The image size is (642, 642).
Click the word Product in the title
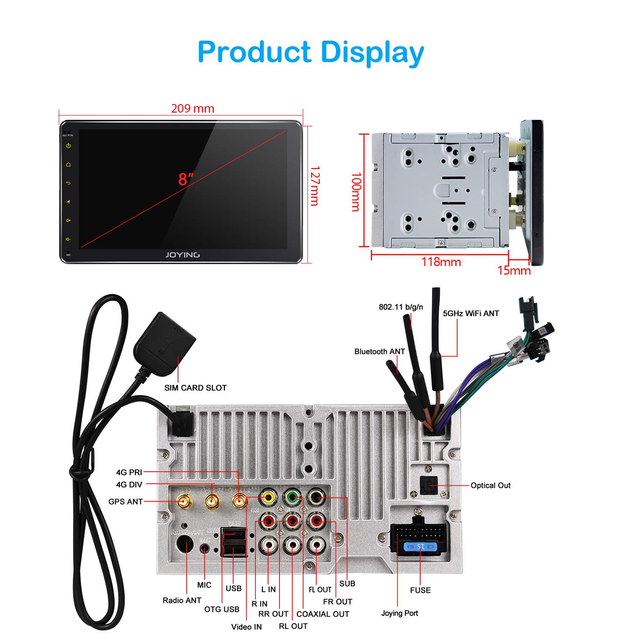coord(254,52)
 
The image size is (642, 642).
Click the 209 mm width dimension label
coord(193,108)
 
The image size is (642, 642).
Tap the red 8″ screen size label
coord(185,179)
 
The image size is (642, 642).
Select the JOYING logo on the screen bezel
coord(182,255)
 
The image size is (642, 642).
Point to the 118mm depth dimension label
coord(441,262)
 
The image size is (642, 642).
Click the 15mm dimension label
coord(514,270)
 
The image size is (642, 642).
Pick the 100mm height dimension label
coord(356,192)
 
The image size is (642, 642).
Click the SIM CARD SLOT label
coord(195,388)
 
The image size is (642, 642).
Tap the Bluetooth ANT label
coord(379,351)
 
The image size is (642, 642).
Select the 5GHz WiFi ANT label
coord(471,313)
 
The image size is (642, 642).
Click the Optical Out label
coord(490,485)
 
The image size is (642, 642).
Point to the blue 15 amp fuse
coord(421,547)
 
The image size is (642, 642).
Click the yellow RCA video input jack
coord(268,498)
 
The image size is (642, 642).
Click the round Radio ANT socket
coord(184,545)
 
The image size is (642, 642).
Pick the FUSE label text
coord(420,590)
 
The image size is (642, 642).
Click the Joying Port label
coord(399,613)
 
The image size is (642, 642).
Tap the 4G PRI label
coord(129,473)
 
